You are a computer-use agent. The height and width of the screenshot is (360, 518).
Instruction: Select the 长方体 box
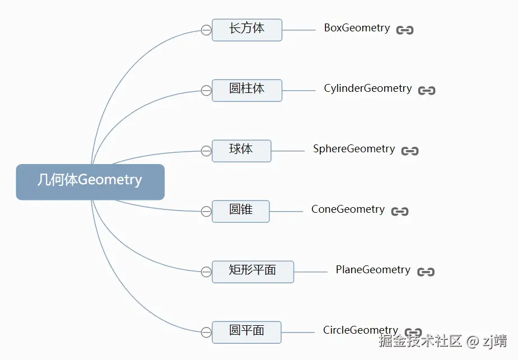click(247, 30)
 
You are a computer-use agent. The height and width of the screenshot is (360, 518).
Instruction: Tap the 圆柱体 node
click(247, 90)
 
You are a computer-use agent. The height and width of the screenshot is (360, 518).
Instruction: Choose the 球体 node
click(241, 151)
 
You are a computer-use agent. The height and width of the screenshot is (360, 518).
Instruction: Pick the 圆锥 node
click(241, 211)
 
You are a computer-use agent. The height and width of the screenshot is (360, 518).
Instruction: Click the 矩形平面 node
click(253, 272)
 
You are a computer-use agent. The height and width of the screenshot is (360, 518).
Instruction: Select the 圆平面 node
click(246, 332)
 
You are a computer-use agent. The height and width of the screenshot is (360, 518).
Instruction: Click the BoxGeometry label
click(357, 28)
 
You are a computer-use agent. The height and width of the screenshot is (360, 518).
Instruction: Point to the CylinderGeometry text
click(367, 88)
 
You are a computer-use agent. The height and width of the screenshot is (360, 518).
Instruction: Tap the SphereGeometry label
click(354, 149)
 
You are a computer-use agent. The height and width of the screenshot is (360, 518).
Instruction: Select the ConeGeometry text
click(348, 209)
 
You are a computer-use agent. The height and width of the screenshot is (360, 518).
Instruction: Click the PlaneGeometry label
click(373, 270)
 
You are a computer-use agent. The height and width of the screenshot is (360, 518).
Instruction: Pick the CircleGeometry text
click(361, 330)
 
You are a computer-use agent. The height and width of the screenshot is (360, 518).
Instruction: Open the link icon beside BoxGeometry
click(405, 30)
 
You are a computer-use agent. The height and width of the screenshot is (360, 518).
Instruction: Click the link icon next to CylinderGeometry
click(427, 91)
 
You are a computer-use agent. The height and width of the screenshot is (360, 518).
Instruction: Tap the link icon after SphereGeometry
click(410, 151)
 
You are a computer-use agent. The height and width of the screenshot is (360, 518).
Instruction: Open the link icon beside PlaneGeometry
click(426, 272)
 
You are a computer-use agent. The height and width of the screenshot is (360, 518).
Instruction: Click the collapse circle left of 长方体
click(206, 30)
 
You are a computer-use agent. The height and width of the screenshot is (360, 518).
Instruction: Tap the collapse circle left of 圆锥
click(206, 212)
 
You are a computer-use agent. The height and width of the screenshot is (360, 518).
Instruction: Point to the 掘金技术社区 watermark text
click(420, 341)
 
